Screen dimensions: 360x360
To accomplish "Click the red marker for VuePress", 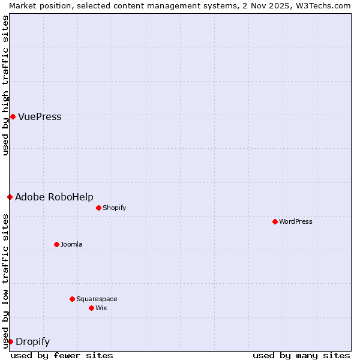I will click(13, 116).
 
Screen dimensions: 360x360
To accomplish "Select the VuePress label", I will click(40, 117).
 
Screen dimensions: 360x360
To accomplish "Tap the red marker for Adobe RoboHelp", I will click(10, 197).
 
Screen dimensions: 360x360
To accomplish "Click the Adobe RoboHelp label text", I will click(54, 197).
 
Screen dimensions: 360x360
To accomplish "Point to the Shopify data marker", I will click(98, 208).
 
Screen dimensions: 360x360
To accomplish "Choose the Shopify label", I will click(114, 208).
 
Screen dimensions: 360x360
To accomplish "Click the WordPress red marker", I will click(275, 221).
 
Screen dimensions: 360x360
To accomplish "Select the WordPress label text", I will click(295, 222).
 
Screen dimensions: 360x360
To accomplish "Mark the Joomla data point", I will click(56, 244).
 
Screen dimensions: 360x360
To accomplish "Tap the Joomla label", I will click(71, 245).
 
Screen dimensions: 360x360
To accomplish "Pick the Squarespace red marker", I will click(72, 299).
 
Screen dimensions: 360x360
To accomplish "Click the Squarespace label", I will click(97, 299).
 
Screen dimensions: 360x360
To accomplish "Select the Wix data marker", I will click(91, 308).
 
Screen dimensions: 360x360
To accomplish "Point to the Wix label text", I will click(101, 308).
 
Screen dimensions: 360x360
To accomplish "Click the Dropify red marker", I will click(10, 341).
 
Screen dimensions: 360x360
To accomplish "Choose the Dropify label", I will click(32, 342).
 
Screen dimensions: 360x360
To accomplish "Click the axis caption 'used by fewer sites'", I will click(62, 355).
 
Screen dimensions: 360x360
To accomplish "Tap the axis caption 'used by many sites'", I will click(301, 355).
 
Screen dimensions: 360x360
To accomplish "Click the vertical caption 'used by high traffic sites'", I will click(5, 85).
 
